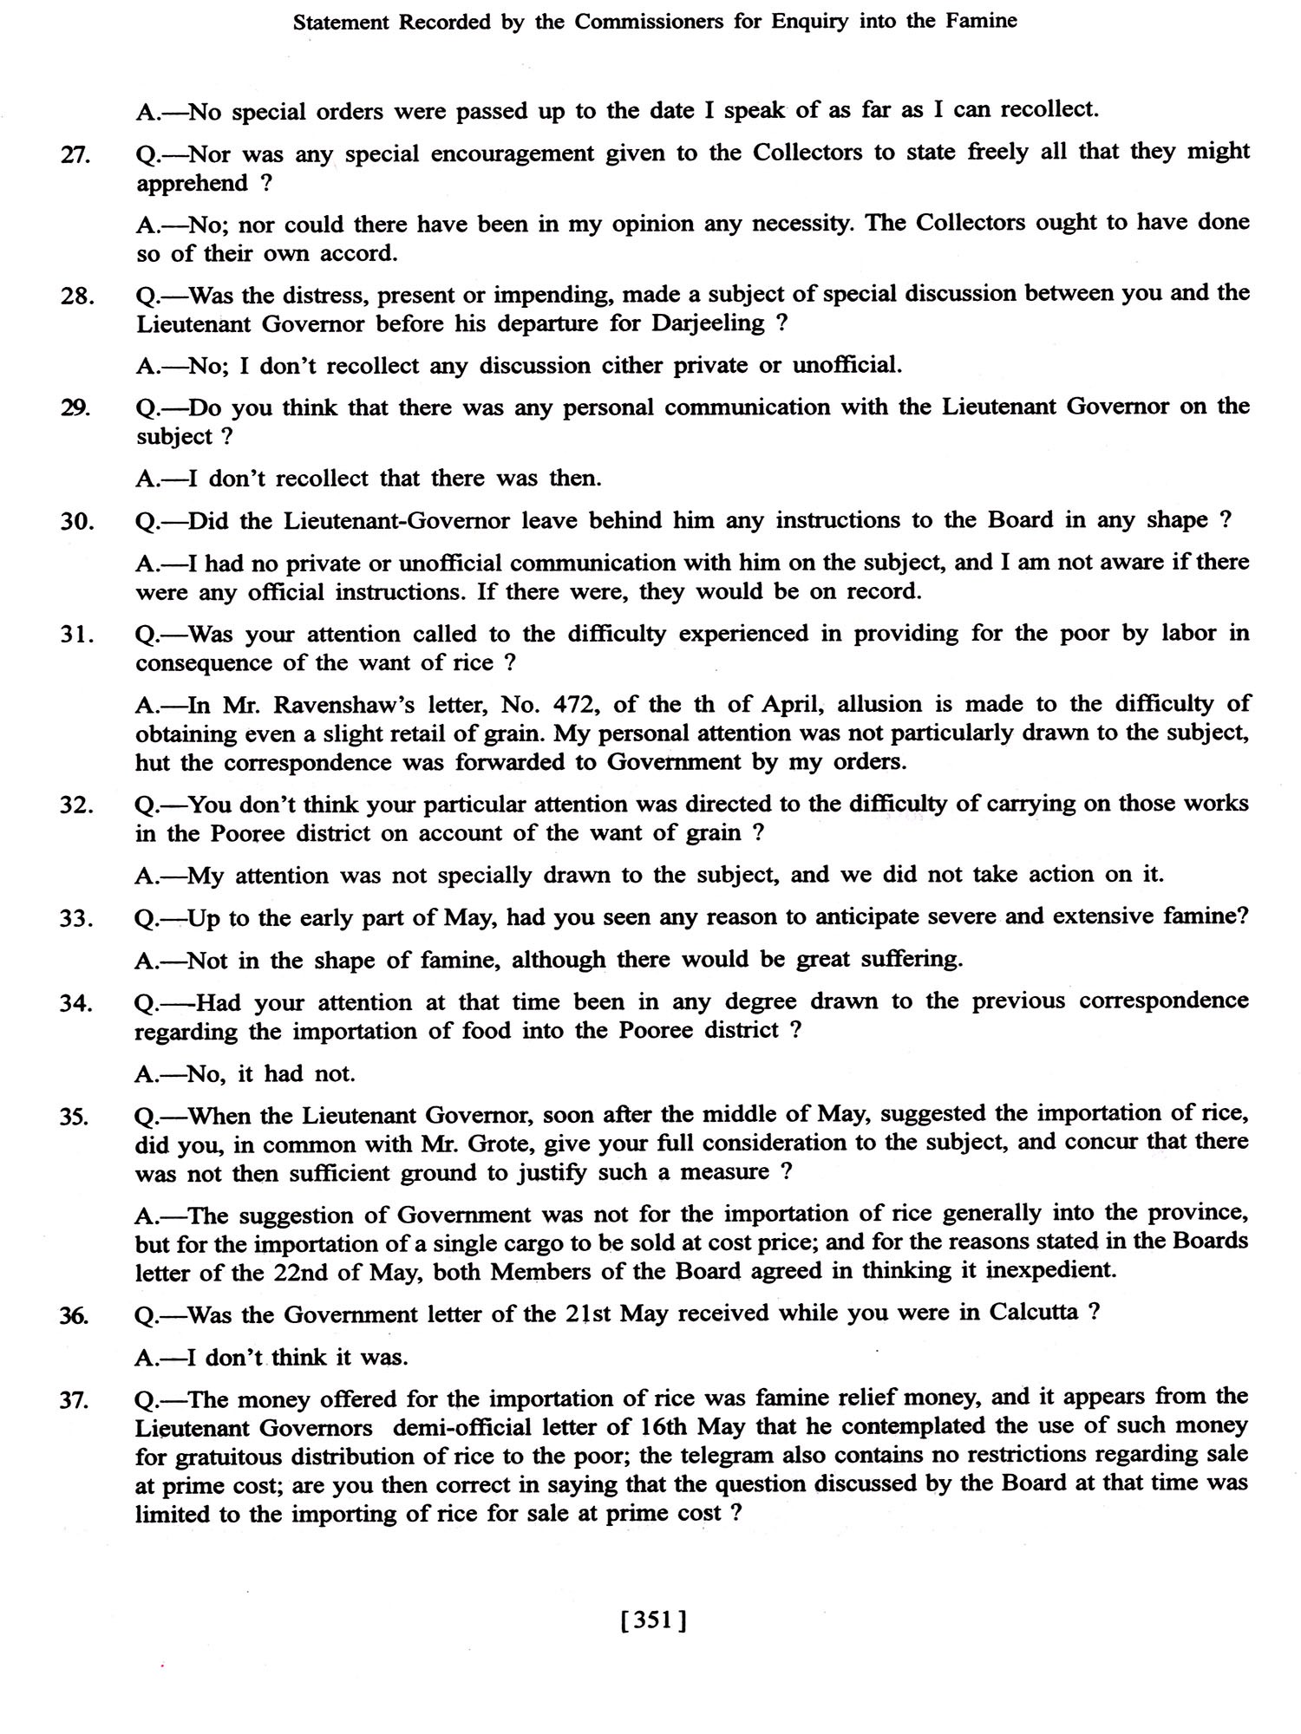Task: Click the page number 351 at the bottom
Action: pyautogui.click(x=654, y=1619)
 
